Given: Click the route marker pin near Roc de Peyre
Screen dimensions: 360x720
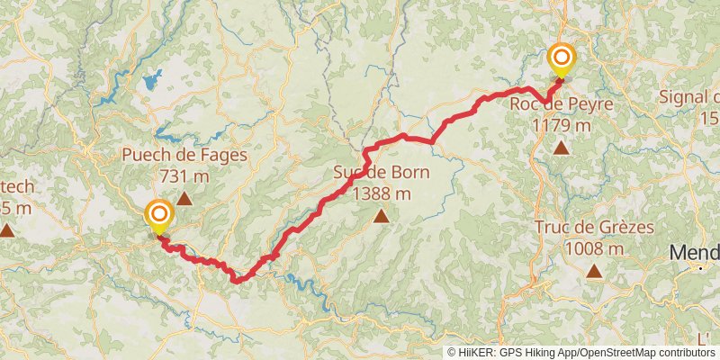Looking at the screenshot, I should point(562,60).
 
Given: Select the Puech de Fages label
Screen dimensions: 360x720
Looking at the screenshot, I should point(184,156).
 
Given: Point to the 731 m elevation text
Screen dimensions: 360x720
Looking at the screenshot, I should point(184,175).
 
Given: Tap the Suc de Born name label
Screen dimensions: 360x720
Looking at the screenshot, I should point(382,173).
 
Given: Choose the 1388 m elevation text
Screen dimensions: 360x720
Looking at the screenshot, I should point(382,193).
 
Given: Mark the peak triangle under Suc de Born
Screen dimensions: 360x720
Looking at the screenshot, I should point(382,216).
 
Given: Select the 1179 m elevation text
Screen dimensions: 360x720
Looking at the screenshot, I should point(562,125).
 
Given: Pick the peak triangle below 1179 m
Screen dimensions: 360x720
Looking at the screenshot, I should point(562,148).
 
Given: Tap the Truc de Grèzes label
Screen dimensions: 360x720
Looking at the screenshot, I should point(594,228).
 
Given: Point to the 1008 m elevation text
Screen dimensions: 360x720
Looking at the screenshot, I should point(594,247).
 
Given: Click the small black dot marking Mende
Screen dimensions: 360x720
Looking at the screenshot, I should point(700,267).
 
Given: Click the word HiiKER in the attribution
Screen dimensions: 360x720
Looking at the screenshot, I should point(477,353).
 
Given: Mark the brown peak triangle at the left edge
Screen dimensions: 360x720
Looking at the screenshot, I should point(6,230).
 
